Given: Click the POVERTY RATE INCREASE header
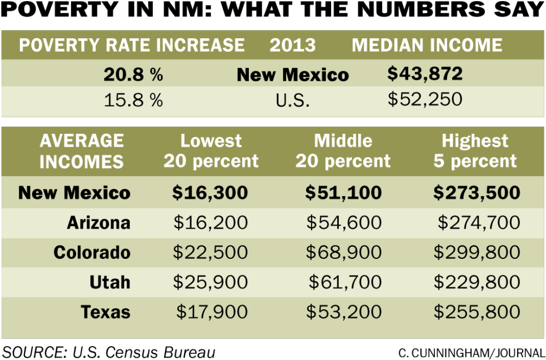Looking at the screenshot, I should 132,45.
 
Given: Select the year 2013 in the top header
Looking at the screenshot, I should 292,45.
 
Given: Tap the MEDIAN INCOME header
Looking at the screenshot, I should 427,45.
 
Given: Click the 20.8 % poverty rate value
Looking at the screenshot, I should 133,74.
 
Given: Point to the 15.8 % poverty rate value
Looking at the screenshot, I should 133,101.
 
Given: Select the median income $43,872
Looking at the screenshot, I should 424,74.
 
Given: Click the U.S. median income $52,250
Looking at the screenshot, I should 424,99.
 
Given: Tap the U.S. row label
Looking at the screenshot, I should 292,101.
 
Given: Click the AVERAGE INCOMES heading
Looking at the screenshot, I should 82,151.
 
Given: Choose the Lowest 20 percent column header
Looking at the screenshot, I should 211,151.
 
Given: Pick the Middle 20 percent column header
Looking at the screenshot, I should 343,151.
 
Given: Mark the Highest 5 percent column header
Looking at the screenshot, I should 475,151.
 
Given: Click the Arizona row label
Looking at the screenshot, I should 98,223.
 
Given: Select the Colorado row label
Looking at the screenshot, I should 92,252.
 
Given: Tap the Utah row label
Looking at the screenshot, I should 109,282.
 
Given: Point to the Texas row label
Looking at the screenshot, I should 106,312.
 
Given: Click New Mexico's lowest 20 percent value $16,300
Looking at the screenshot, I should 210,193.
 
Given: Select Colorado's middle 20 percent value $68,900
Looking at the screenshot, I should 344,252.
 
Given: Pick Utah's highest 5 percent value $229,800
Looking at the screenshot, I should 477,282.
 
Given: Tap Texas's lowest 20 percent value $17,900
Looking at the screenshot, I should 212,312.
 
